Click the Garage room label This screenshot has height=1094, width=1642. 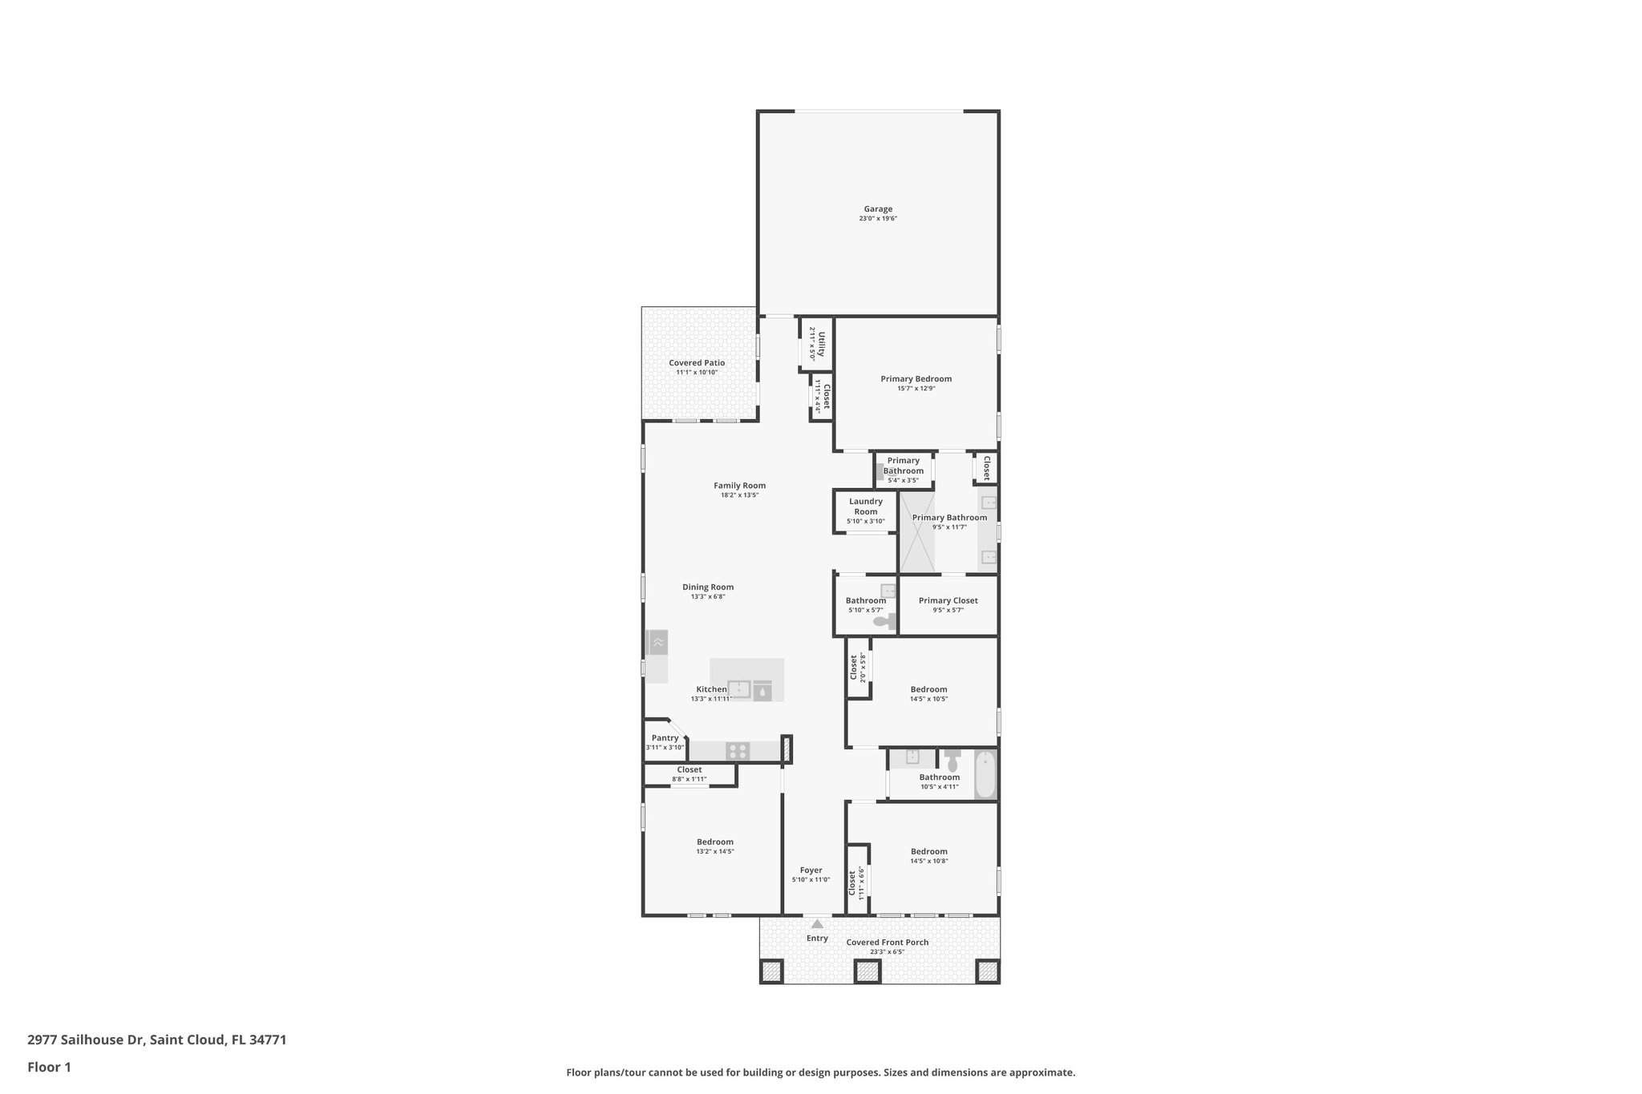[x=878, y=209]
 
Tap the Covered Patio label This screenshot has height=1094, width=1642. [x=697, y=363]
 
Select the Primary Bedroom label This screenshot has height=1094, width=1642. [x=916, y=379]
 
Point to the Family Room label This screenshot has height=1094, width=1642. [x=739, y=486]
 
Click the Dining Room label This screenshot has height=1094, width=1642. [x=708, y=587]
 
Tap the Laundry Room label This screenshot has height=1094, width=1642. [x=865, y=507]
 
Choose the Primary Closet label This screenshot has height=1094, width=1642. [x=948, y=600]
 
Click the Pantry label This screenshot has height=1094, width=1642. [x=665, y=738]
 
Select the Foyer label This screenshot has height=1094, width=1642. [x=811, y=870]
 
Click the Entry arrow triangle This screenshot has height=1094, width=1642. [x=817, y=924]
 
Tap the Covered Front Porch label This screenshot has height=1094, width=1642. [x=887, y=943]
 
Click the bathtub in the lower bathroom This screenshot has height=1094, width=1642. [x=985, y=774]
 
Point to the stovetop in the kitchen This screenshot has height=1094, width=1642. [x=738, y=752]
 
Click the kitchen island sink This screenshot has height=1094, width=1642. [x=738, y=689]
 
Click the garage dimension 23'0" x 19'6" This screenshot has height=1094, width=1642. [x=878, y=219]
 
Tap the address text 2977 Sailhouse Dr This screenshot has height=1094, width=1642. [x=86, y=1040]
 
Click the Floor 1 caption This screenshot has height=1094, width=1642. [x=50, y=1068]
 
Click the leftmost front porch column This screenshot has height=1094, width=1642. [x=771, y=971]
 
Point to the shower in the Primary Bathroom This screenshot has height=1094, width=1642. [x=916, y=533]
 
